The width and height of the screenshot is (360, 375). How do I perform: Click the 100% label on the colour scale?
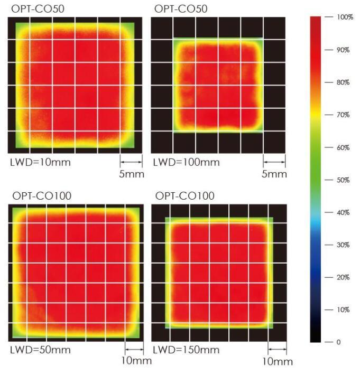[x=345, y=17]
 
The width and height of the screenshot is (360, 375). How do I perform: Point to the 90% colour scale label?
[x=343, y=50]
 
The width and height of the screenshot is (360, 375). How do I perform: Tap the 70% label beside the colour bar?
[x=343, y=115]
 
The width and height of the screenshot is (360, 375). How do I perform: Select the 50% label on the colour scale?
[x=343, y=180]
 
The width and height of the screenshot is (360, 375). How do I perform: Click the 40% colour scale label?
[x=343, y=212]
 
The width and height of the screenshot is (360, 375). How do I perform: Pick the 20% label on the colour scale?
[x=343, y=277]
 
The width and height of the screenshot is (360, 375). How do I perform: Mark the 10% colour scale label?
[x=343, y=310]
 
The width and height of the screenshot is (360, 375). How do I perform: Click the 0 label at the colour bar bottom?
[x=338, y=342]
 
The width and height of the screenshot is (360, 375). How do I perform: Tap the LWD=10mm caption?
[x=41, y=162]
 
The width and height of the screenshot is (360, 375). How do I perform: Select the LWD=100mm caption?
[x=186, y=162]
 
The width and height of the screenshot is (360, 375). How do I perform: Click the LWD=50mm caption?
[x=41, y=350]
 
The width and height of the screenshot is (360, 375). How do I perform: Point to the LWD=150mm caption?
[x=186, y=350]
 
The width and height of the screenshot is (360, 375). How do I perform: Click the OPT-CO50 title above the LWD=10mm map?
[x=38, y=9]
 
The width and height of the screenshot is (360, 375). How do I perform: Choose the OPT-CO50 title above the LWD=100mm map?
[x=181, y=9]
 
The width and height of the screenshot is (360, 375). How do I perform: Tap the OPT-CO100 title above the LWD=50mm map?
[x=42, y=196]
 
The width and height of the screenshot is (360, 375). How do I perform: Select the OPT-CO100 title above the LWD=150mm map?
[x=185, y=196]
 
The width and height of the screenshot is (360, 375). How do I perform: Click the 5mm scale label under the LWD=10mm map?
[x=132, y=174]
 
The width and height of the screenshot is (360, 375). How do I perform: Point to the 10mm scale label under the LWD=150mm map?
[x=278, y=362]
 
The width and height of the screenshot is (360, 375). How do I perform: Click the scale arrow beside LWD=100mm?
[x=274, y=162]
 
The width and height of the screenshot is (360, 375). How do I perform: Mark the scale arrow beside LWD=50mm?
[x=134, y=350]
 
